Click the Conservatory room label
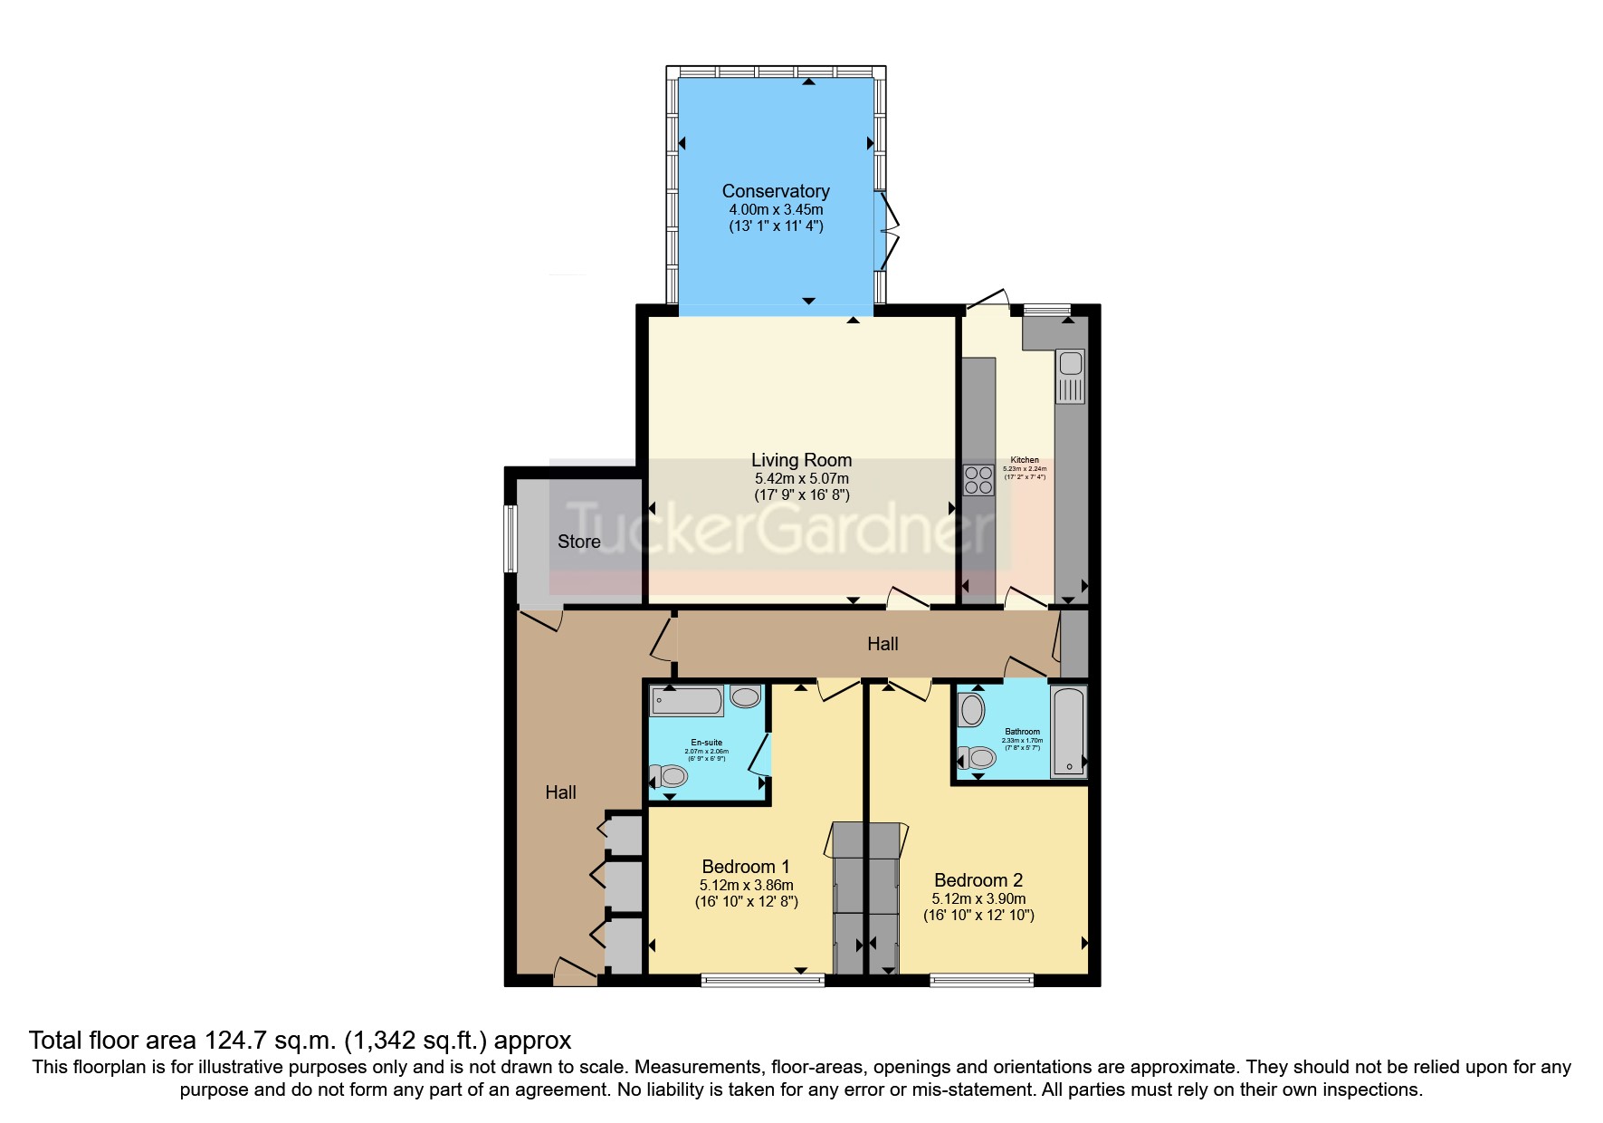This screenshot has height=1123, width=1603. (x=775, y=191)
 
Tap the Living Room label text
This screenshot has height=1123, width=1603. (x=801, y=460)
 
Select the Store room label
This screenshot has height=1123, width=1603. (x=578, y=542)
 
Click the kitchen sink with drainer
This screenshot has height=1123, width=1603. (x=1070, y=377)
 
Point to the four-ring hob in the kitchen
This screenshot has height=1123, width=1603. (x=978, y=479)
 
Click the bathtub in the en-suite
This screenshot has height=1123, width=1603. (x=687, y=700)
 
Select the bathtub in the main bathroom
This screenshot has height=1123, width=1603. (x=1068, y=732)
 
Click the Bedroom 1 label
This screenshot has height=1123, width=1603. (x=746, y=867)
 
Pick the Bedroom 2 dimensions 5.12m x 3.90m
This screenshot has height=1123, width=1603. (x=978, y=899)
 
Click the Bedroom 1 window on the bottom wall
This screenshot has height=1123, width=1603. (x=762, y=979)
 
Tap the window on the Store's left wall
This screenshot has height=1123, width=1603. (x=510, y=538)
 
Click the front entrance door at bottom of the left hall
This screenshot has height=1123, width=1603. (x=575, y=974)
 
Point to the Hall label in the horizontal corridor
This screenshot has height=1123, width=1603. (x=883, y=644)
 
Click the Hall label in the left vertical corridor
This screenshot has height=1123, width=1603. (x=560, y=792)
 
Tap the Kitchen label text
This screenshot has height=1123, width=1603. (x=1025, y=460)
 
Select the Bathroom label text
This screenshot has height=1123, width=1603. (x=1022, y=732)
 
